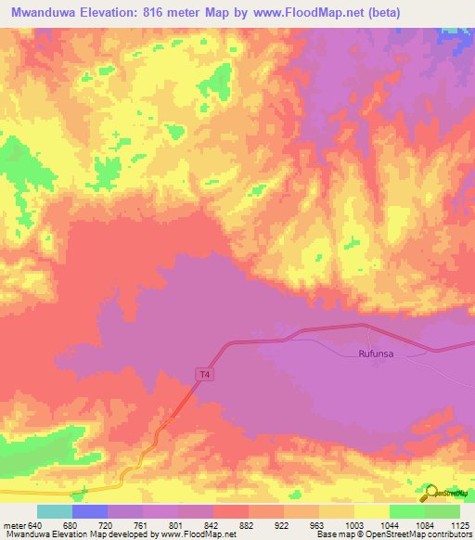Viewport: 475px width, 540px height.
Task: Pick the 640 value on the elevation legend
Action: pyautogui.click(x=36, y=524)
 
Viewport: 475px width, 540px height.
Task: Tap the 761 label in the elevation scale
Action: pyautogui.click(x=144, y=524)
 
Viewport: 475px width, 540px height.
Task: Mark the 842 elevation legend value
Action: pyautogui.click(x=214, y=524)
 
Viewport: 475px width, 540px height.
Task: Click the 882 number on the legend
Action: pyautogui.click(x=250, y=524)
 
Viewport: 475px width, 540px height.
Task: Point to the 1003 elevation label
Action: pyautogui.click(x=355, y=524)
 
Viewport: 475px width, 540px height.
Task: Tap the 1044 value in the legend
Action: pyautogui.click(x=391, y=524)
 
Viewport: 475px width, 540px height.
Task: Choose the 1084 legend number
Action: pyautogui.click(x=426, y=524)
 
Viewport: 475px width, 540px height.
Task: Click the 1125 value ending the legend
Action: pyautogui.click(x=459, y=524)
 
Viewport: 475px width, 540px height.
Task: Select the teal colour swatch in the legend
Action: pyautogui.click(x=55, y=511)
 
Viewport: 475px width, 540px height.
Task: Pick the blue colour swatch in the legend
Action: pyautogui.click(x=90, y=511)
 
